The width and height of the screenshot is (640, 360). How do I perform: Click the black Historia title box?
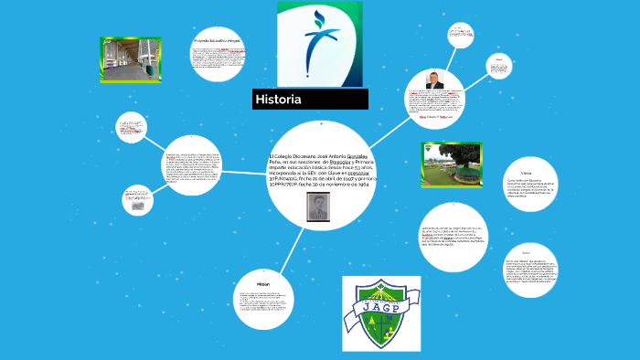click(x=310, y=99)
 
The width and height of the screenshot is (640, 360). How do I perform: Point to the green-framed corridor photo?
click(x=131, y=60)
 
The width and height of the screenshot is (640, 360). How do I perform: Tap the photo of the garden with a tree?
click(x=452, y=164)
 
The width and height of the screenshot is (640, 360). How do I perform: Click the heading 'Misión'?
click(x=263, y=284)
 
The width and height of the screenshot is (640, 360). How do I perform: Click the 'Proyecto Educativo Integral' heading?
click(x=217, y=41)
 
